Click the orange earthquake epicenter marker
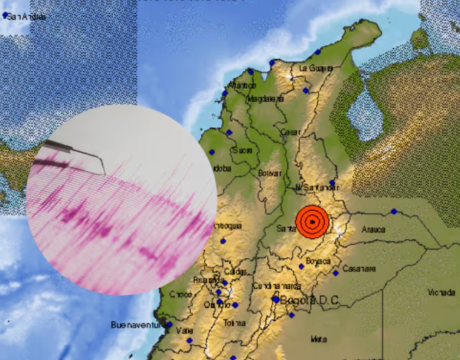click(312, 221)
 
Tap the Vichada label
click(441, 293)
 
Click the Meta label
click(318, 339)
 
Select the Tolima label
click(235, 323)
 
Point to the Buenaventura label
click(137, 325)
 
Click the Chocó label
click(180, 294)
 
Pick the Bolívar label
click(271, 173)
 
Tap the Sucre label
click(242, 150)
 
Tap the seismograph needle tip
click(104, 173)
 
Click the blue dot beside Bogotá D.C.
click(275, 299)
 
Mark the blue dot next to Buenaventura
click(169, 325)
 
